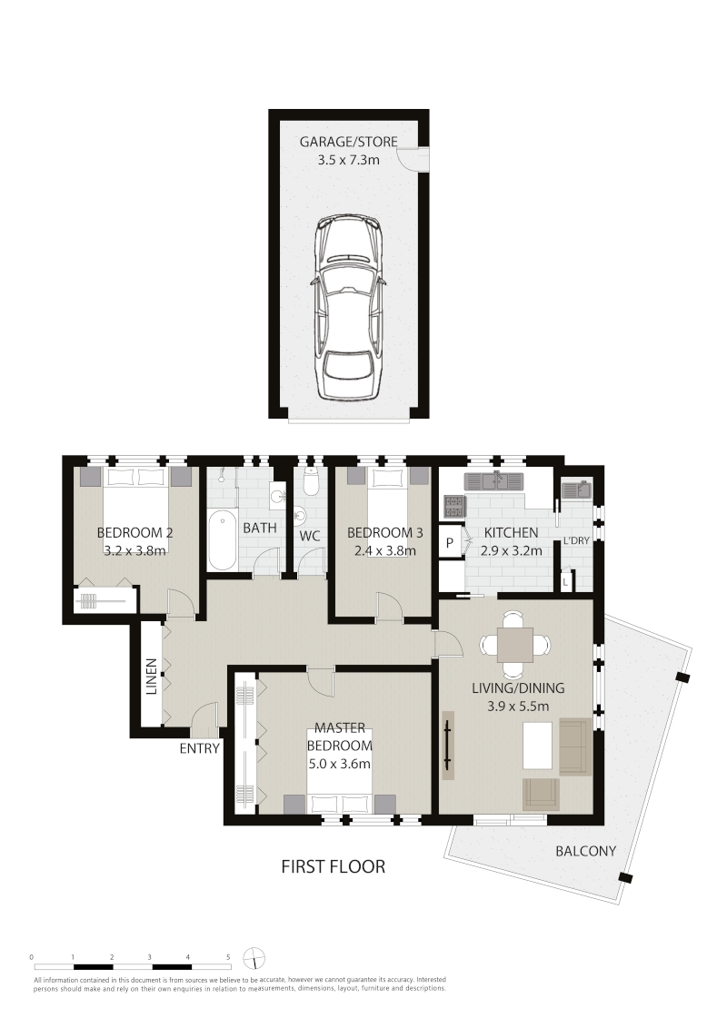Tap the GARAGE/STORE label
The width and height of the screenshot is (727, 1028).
pyautogui.click(x=348, y=142)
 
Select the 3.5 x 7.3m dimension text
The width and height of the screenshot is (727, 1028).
pyautogui.click(x=348, y=159)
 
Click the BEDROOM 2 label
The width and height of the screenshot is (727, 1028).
pyautogui.click(x=134, y=532)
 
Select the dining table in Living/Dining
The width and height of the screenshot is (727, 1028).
pyautogui.click(x=513, y=645)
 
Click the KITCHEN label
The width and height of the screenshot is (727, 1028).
pyautogui.click(x=511, y=533)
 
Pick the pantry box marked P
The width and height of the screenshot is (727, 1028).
pyautogui.click(x=450, y=542)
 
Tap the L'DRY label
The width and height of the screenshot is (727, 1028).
pyautogui.click(x=576, y=541)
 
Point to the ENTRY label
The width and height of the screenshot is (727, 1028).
pyautogui.click(x=199, y=748)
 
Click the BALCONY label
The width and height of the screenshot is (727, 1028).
pyautogui.click(x=586, y=851)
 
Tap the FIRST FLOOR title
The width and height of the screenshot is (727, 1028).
pyautogui.click(x=334, y=866)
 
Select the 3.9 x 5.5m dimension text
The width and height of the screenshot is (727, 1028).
pyautogui.click(x=518, y=707)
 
